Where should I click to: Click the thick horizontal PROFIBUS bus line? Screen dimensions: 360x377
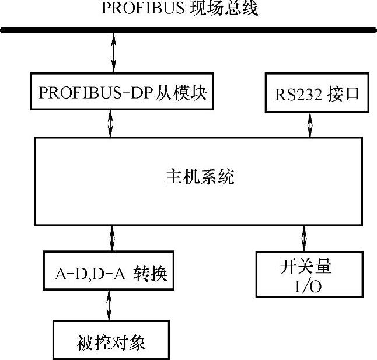point(187,30)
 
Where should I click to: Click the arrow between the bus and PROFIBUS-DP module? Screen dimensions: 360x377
point(114,54)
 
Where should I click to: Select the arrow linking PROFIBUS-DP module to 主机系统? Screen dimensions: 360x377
point(111,124)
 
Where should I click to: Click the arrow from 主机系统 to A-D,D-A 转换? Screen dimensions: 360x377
point(111,238)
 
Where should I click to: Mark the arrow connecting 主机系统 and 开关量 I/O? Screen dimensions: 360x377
point(303,238)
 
